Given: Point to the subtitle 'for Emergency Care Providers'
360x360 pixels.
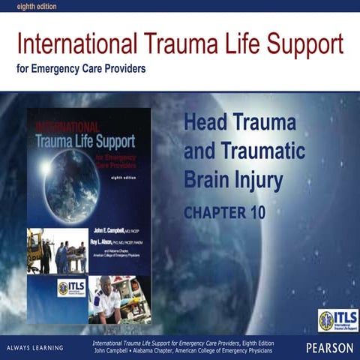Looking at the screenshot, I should click(81, 70).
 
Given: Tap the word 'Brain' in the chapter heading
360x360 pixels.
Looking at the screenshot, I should click(206, 179).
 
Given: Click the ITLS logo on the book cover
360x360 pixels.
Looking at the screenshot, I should click(71, 288).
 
